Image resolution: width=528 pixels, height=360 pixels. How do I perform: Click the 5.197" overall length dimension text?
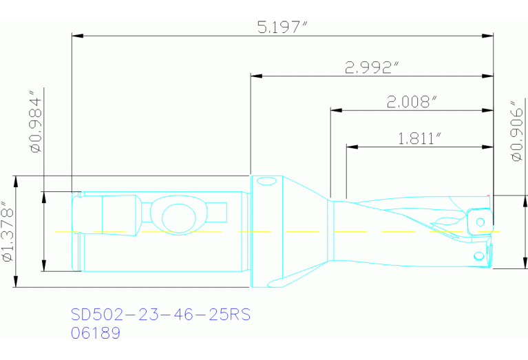pos(281,28)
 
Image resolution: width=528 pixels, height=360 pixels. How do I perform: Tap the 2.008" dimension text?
pos(412,102)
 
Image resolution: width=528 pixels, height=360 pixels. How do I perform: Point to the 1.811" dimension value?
pos(419,138)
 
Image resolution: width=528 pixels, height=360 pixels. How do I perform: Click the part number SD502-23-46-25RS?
pos(160,315)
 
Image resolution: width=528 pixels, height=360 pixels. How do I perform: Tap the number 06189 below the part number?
pos(96,333)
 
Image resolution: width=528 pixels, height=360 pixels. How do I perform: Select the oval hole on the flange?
pos(266,182)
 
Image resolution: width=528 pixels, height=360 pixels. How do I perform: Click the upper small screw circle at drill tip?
pos(479,222)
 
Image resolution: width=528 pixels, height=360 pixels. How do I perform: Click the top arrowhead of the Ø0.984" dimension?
pos(43,195)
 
